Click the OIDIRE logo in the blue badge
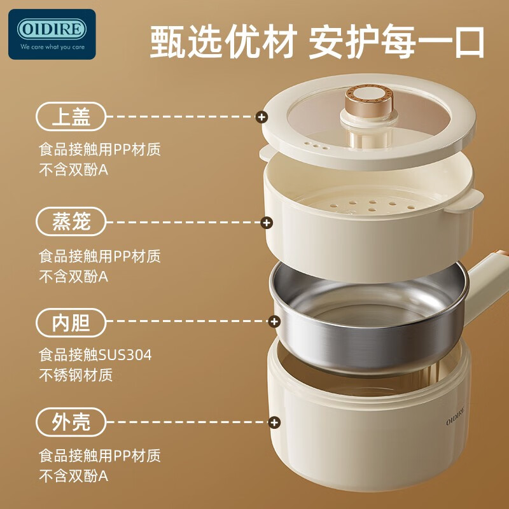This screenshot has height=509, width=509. click(52, 29)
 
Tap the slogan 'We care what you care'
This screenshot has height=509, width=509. click(52, 46)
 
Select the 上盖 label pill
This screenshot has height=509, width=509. click(71, 116)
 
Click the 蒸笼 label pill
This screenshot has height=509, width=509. click(71, 221)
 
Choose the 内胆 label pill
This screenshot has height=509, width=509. click(71, 323)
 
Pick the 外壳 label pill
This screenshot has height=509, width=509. click(71, 422)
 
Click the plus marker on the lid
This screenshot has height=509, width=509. click(261, 117)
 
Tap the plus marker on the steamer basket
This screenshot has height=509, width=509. click(267, 223)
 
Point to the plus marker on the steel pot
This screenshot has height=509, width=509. click(275, 321)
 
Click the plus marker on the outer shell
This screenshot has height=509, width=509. click(275, 422)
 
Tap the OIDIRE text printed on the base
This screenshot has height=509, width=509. click(455, 415)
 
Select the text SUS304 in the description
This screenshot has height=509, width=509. click(125, 355)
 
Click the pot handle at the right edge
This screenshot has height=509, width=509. click(487, 282)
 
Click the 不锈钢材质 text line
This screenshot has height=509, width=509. click(76, 375)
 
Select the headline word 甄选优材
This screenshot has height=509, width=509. click(224, 42)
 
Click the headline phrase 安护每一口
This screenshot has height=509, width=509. click(396, 42)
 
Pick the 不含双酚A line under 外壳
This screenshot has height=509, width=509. click(74, 476)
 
